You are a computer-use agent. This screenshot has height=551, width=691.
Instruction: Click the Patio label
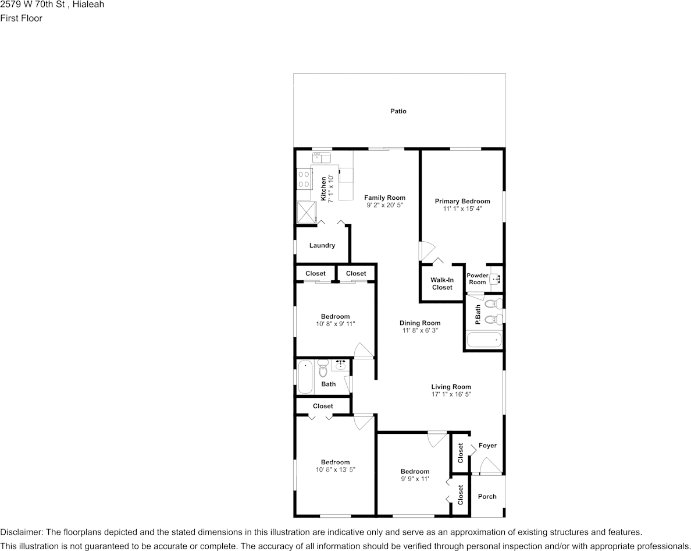[398, 111]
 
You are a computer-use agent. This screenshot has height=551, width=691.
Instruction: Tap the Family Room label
[384, 197]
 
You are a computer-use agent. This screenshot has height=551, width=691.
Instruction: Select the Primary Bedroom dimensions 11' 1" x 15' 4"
[462, 209]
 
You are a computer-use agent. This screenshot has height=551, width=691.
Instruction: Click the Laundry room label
[322, 246]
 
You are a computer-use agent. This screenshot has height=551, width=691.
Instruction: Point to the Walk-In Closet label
[442, 284]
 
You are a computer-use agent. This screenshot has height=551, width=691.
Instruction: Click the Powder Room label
[478, 279]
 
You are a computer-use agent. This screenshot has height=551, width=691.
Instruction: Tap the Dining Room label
[419, 323]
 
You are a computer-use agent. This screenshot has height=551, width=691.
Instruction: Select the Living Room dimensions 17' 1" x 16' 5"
[451, 394]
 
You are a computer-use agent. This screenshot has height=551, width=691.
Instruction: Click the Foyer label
[487, 446]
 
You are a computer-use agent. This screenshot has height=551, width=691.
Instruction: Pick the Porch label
[487, 496]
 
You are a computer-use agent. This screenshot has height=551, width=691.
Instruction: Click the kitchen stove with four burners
[304, 179]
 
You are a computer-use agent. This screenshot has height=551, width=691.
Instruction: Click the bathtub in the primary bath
[484, 340]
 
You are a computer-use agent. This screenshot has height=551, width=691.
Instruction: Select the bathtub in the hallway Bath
[305, 377]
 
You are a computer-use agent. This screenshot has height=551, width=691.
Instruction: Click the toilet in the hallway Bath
[323, 369]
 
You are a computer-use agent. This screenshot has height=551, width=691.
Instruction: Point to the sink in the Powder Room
[496, 280]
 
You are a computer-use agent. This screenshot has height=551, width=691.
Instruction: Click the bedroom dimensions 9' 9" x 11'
[415, 479]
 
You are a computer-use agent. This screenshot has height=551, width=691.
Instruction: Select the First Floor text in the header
[22, 18]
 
